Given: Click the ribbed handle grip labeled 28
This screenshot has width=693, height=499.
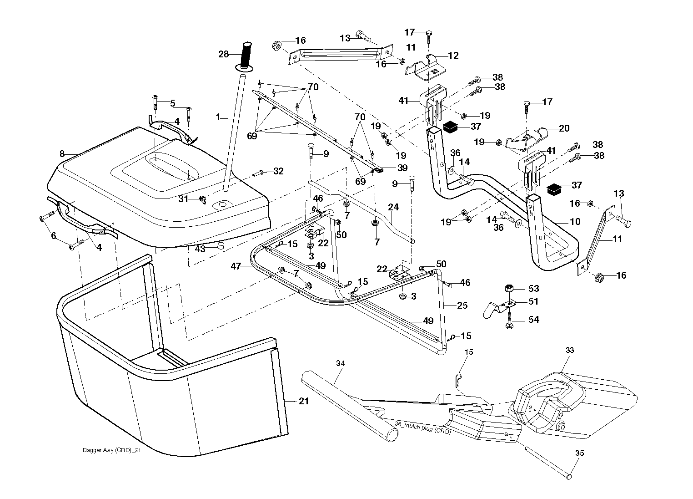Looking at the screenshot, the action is click(x=246, y=55).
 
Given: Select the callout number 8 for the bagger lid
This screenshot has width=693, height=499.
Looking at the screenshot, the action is click(x=62, y=153).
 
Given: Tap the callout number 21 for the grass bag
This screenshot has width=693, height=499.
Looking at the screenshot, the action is click(x=304, y=401).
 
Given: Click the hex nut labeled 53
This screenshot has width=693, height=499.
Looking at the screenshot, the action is click(x=509, y=288).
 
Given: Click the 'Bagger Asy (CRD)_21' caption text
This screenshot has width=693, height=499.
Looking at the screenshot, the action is click(x=112, y=450).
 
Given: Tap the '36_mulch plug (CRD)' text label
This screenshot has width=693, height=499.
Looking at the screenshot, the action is click(x=422, y=428).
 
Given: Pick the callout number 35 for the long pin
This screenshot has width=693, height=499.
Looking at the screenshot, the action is click(x=579, y=453).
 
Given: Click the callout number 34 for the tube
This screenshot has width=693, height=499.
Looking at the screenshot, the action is click(x=340, y=363).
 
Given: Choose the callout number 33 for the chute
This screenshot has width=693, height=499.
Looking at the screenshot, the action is click(x=570, y=350).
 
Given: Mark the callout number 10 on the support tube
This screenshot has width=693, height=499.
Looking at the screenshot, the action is click(x=575, y=221).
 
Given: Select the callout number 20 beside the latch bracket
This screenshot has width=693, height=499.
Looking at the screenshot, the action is click(x=564, y=128).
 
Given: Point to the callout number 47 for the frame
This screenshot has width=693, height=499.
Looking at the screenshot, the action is click(x=236, y=266).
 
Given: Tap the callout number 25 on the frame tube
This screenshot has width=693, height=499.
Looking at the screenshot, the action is click(x=462, y=306).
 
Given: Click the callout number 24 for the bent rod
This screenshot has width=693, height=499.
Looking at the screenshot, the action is click(x=393, y=207).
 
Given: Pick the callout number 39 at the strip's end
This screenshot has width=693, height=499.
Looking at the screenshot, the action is click(x=402, y=168).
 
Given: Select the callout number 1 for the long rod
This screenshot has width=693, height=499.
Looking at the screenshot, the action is click(x=218, y=117).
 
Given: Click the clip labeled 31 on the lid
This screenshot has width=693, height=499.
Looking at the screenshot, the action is click(x=203, y=200).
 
